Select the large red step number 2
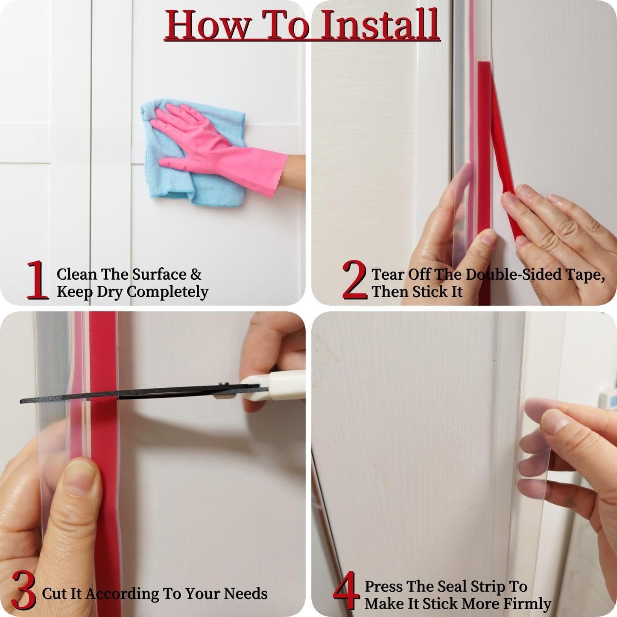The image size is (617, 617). [354, 280]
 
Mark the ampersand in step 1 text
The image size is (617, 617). [196, 274]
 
